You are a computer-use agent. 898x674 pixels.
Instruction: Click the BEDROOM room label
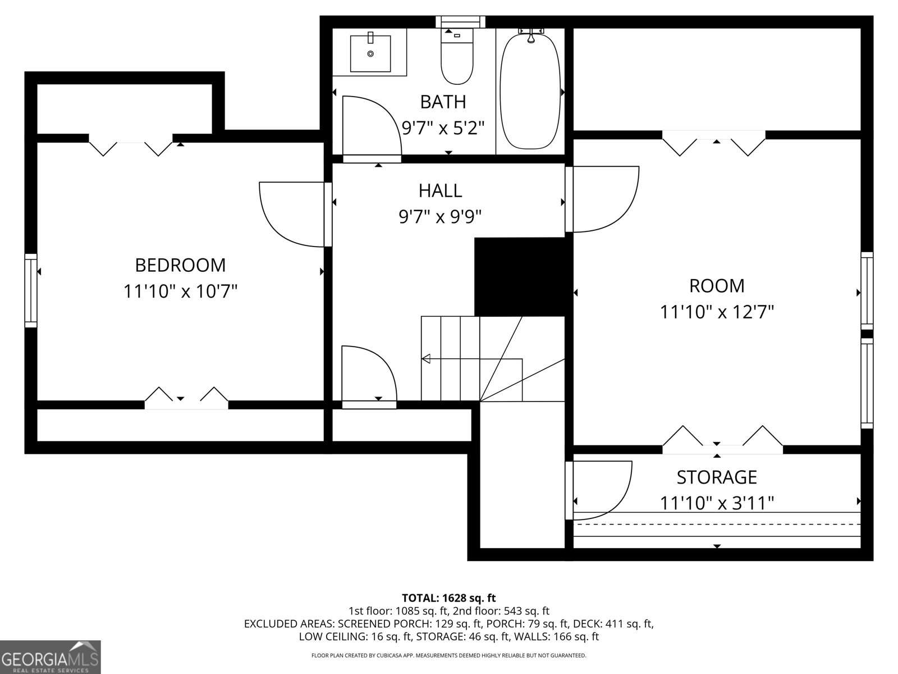tap(180, 265)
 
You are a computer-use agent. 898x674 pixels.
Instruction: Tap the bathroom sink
tap(370, 53)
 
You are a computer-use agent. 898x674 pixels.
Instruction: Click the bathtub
tap(530, 90)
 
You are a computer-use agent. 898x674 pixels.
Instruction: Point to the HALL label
tap(440, 190)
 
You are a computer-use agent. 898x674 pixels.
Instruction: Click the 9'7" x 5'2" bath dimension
tap(442, 128)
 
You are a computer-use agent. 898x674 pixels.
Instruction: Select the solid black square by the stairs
tap(519, 276)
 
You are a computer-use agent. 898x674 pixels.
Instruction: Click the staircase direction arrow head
tap(426, 359)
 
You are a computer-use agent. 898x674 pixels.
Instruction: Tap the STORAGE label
tap(716, 477)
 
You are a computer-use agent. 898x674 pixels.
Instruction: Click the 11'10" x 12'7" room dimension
tap(716, 312)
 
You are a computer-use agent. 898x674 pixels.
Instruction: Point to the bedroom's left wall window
tap(31, 290)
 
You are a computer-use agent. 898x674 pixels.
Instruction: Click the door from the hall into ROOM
tap(603, 199)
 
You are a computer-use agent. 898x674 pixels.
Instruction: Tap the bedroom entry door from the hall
tap(292, 214)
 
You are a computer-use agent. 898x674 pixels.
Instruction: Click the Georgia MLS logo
tap(50, 657)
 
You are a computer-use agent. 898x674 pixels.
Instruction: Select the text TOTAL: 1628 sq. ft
tap(448, 598)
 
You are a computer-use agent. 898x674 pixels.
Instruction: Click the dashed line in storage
tap(717, 524)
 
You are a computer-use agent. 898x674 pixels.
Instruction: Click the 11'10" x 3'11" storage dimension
tap(716, 503)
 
